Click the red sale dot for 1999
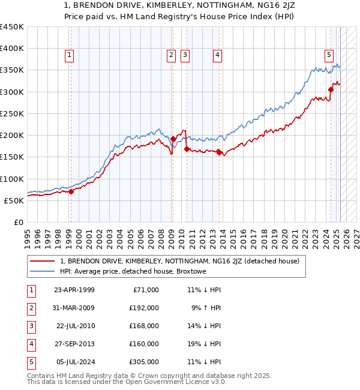71,192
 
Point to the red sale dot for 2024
331,90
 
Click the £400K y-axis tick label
12,49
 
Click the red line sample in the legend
42,261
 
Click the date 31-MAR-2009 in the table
74,308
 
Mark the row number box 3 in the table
30,326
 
